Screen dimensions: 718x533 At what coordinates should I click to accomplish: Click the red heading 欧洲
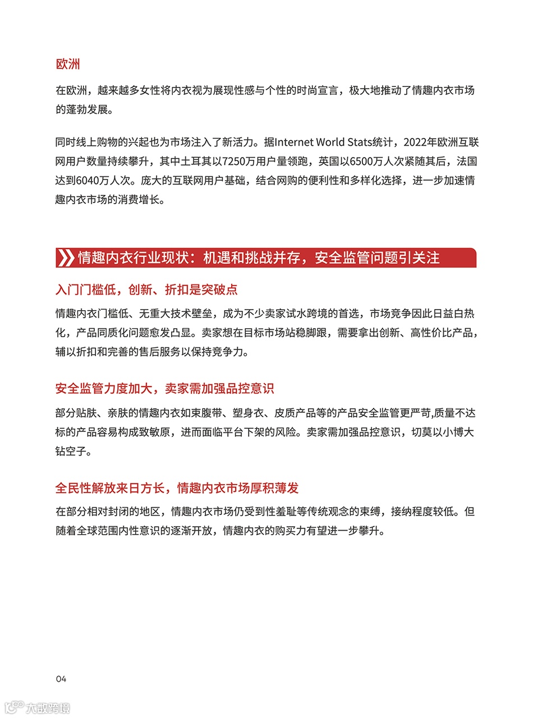click(x=68, y=64)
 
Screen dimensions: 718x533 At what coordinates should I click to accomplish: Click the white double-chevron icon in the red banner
click(x=66, y=257)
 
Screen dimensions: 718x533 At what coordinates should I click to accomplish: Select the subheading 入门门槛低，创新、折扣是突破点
click(x=146, y=289)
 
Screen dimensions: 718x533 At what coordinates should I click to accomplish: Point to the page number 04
click(x=61, y=679)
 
